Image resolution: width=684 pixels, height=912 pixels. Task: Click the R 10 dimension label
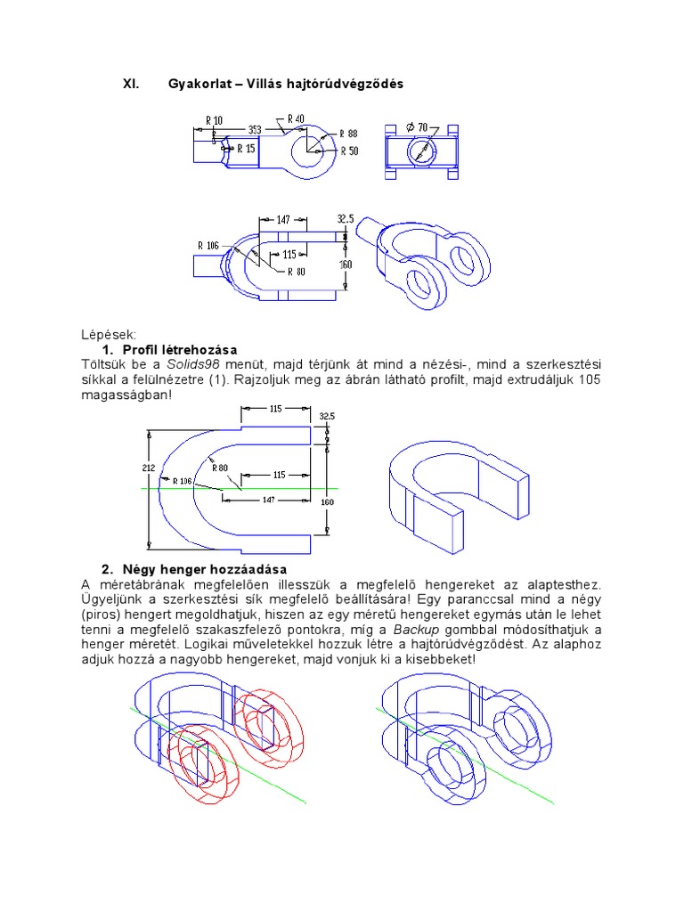[214, 120]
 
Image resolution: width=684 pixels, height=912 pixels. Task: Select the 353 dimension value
[255, 128]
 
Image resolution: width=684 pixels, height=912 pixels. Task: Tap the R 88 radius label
[348, 134]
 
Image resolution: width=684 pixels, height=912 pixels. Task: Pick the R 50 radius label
[348, 151]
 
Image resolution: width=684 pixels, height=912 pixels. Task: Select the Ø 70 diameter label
[418, 126]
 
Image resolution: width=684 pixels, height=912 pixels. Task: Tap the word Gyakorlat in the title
[197, 84]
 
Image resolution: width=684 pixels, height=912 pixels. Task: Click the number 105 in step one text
[590, 379]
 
